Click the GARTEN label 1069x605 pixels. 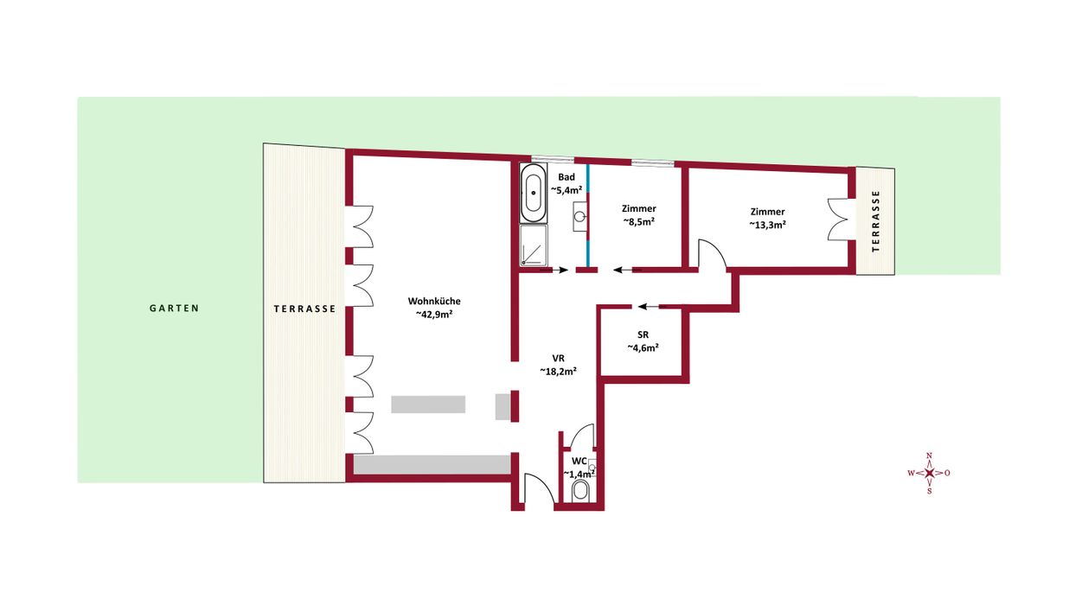click(x=174, y=309)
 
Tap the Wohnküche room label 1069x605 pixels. click(x=434, y=302)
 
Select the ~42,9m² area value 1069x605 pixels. click(x=434, y=315)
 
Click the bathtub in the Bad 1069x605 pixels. click(x=534, y=193)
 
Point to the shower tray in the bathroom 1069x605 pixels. click(x=534, y=245)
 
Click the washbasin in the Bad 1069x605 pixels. click(x=579, y=216)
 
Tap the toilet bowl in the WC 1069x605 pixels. click(x=581, y=491)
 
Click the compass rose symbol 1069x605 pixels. click(x=929, y=473)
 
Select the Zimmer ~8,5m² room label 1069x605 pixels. click(x=638, y=215)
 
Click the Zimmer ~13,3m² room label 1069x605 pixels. click(x=767, y=219)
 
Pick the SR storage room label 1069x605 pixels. click(x=643, y=341)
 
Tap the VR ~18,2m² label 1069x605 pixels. click(x=559, y=365)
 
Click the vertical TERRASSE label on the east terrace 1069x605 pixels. click(x=875, y=221)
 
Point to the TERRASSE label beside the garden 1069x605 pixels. click(x=305, y=309)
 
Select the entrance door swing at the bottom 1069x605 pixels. click(x=538, y=488)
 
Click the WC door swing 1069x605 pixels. click(x=581, y=436)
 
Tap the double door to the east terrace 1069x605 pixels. click(x=839, y=219)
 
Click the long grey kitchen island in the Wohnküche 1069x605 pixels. click(x=428, y=404)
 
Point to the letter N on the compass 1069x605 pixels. click(x=929, y=455)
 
